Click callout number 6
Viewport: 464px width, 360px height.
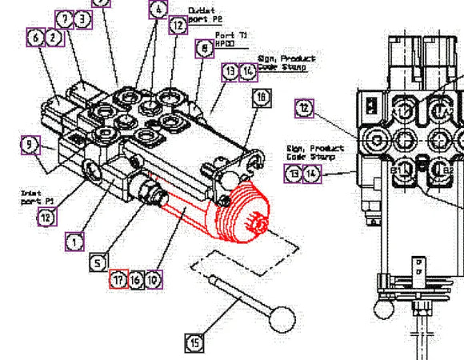coord(35,37)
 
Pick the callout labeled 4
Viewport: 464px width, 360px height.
coord(158,10)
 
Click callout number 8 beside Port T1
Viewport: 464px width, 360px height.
coord(204,49)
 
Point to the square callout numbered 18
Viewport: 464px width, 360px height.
coord(262,98)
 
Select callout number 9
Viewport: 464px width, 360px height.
coord(30,145)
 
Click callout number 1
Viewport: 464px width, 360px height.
coord(75,240)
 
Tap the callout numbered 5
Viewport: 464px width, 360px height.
coord(98,262)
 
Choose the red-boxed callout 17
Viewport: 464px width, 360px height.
coord(118,279)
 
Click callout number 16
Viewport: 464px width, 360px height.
coord(136,279)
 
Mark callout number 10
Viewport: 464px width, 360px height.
coord(154,279)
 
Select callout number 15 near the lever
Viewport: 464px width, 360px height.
coord(195,342)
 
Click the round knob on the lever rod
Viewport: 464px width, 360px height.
coord(280,320)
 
